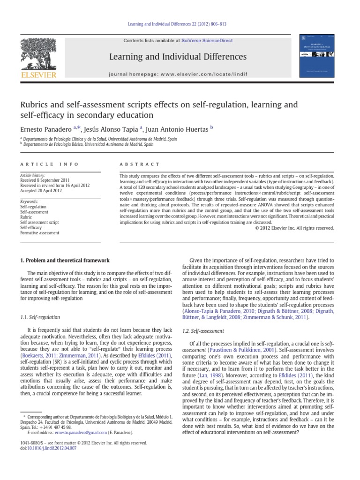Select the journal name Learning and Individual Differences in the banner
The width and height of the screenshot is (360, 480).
click(178, 57)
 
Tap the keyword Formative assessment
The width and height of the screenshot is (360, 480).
click(39, 232)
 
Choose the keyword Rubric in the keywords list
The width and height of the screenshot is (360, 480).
click(26, 217)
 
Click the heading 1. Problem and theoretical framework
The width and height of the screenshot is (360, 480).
click(65, 260)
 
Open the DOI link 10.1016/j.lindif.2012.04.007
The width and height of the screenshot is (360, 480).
click(52, 448)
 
